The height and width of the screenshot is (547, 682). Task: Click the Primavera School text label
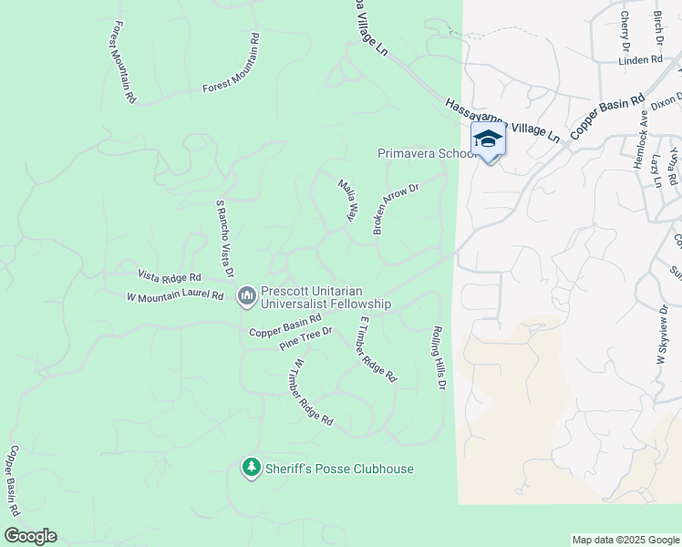tap(427, 154)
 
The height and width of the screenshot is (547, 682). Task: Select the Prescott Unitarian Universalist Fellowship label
tap(326, 297)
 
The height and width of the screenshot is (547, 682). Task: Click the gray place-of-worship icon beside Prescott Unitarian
tap(246, 295)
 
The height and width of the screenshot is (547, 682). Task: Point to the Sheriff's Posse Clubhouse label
tap(339, 470)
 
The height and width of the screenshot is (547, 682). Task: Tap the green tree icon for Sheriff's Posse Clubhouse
tap(251, 469)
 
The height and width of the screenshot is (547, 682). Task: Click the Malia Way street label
tap(346, 201)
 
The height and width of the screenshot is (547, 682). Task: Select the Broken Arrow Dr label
tap(395, 209)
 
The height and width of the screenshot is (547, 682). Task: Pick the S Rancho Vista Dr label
tap(224, 239)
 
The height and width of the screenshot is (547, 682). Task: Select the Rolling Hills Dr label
tap(439, 357)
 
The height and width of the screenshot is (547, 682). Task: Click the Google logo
tap(30, 536)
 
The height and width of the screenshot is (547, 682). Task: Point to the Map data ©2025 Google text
tap(625, 540)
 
